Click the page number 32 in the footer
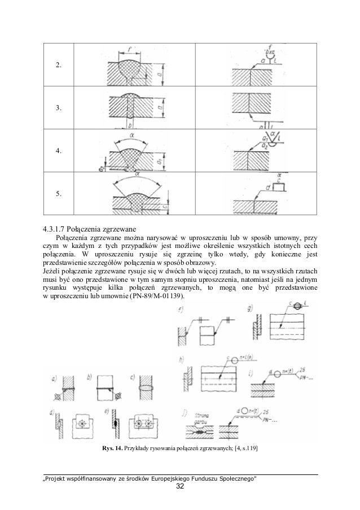[x=179, y=487]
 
